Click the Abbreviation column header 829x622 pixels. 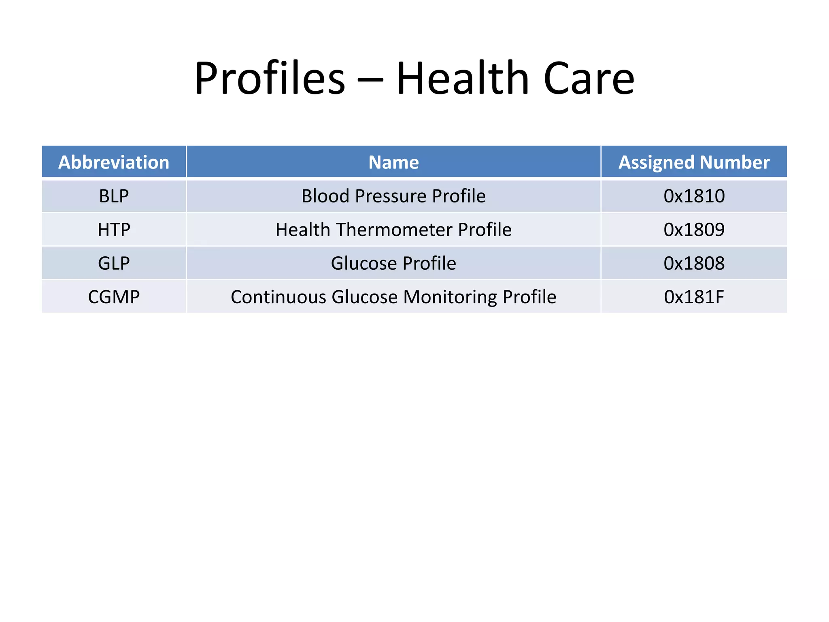tap(114, 162)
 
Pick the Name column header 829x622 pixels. tap(393, 162)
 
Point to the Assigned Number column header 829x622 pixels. tap(694, 162)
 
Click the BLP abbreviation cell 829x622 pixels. tap(114, 196)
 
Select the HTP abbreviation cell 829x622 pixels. tap(114, 230)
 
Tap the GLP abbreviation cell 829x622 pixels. tap(114, 263)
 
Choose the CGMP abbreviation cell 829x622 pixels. tap(114, 297)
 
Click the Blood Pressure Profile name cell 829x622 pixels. tap(393, 196)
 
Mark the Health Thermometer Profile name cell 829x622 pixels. tap(393, 230)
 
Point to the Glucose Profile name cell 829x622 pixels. tap(393, 263)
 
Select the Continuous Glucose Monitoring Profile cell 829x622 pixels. tap(393, 297)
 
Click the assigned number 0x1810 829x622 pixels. tap(694, 196)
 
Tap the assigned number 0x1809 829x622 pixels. tap(694, 230)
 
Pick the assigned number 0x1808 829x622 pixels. tap(694, 263)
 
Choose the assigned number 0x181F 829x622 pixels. tap(694, 297)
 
